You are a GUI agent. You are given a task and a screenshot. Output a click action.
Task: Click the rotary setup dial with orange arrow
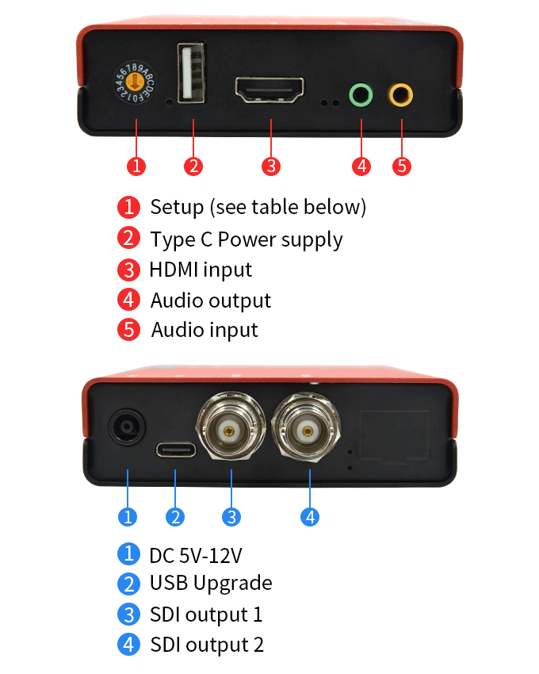point(135,82)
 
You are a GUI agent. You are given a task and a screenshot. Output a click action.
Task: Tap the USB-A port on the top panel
point(191,73)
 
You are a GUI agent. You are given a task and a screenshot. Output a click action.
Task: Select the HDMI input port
point(269,90)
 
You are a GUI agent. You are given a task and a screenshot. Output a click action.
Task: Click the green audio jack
point(361,94)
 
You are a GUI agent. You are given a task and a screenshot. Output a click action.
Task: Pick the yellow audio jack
point(400,94)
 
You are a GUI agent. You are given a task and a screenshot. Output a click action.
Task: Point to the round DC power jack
point(127,427)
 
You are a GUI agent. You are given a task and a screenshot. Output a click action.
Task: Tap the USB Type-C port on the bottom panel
point(175,450)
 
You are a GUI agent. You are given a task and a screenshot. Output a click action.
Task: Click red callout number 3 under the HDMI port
point(271,166)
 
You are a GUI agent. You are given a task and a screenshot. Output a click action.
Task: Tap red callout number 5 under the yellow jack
point(402,166)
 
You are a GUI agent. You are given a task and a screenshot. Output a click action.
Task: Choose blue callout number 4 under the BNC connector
point(310,517)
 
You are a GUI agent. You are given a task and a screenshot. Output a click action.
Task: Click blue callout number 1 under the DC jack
point(128,517)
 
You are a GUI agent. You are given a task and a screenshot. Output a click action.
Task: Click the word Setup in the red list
point(177,208)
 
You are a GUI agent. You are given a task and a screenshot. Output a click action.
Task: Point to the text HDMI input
point(201,270)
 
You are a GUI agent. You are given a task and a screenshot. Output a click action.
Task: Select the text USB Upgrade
point(211,584)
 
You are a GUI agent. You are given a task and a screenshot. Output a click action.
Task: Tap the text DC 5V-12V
point(196,555)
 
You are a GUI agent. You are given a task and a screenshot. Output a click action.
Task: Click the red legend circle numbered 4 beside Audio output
point(128,300)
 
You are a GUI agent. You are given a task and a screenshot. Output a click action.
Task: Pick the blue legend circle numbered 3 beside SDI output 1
point(128,615)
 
